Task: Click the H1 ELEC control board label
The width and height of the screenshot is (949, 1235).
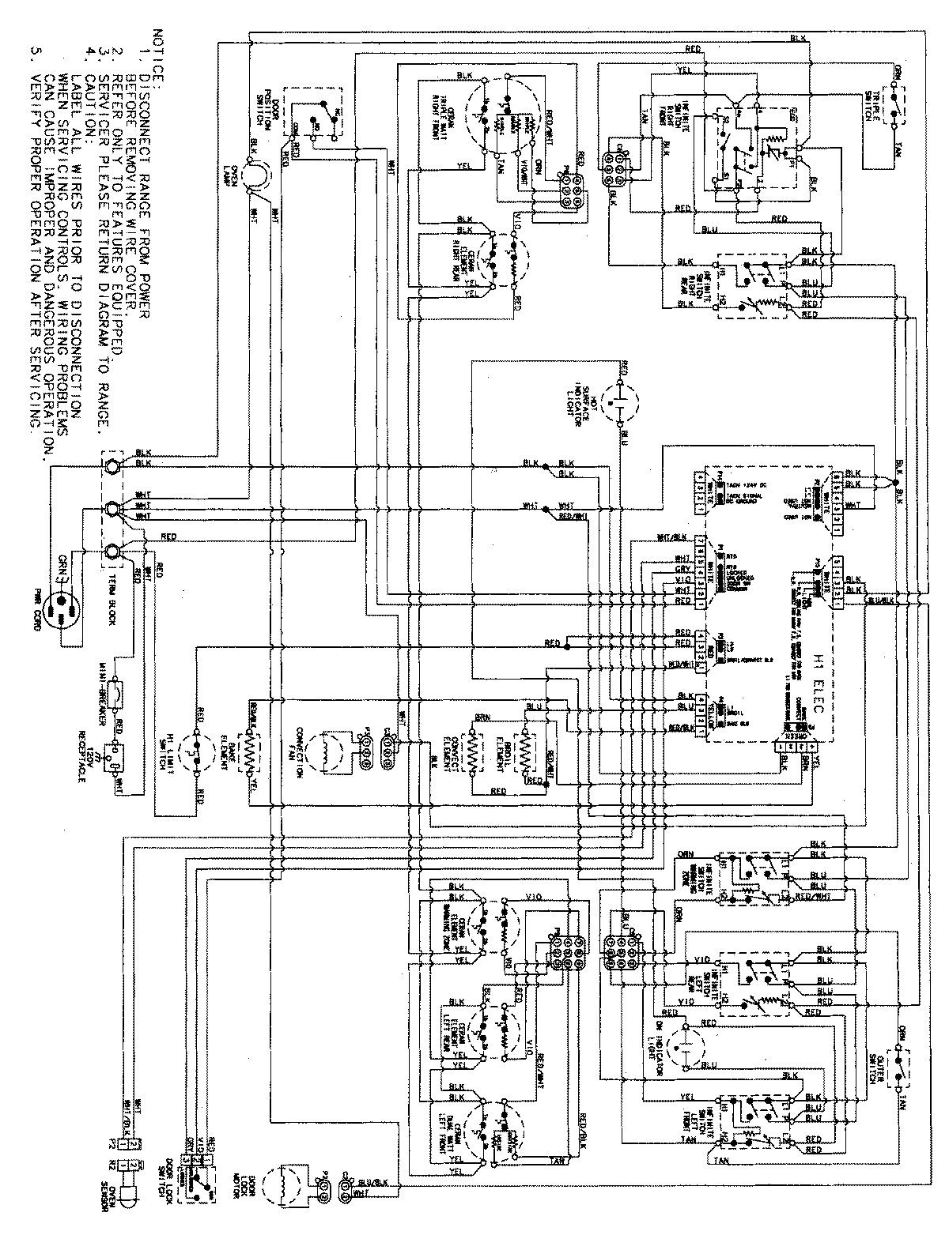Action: [817, 664]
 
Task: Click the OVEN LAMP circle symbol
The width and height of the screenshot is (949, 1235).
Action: [255, 176]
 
